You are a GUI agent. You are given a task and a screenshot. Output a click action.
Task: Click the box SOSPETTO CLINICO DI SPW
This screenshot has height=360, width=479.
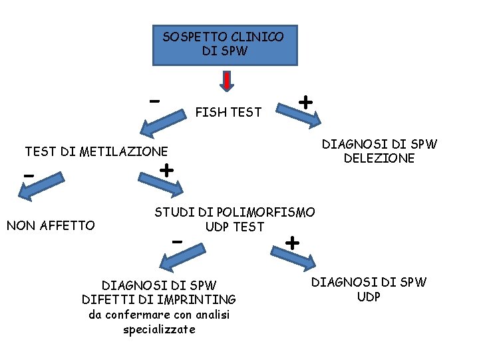(225, 45)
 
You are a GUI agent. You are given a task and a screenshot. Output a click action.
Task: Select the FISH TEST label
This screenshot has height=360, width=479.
(228, 113)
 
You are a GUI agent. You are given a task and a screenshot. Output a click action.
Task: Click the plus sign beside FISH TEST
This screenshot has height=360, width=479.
(305, 102)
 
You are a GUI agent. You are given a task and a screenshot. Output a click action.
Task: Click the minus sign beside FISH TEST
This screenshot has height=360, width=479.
(154, 101)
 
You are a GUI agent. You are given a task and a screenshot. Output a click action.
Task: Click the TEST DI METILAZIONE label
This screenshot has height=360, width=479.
(96, 151)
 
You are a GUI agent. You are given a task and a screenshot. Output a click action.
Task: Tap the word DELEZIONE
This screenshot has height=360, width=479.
(379, 159)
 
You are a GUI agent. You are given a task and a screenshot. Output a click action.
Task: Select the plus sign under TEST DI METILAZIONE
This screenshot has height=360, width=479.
(166, 170)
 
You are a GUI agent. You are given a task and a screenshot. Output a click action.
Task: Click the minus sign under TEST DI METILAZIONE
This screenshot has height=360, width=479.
(29, 175)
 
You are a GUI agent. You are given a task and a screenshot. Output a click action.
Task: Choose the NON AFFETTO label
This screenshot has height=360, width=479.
(51, 225)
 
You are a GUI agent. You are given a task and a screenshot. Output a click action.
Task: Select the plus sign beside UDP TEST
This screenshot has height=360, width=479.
(292, 241)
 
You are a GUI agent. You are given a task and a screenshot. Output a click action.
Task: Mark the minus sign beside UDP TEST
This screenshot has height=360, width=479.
(176, 241)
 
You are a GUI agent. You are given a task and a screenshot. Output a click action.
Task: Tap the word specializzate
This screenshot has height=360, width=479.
(159, 329)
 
